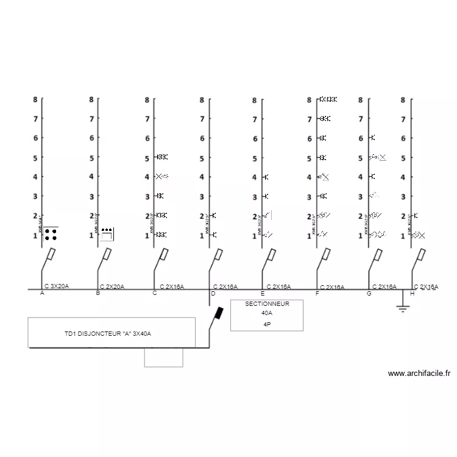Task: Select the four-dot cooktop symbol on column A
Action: coord(51,234)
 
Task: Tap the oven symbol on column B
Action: coord(107,234)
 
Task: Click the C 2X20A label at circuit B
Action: coord(112,286)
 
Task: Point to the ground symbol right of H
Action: coord(402,306)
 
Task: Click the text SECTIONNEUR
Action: coord(266,303)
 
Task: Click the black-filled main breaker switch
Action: coord(218,314)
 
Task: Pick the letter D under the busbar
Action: coord(213,294)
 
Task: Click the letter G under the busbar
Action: coord(369,294)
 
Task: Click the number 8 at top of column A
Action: coord(35,99)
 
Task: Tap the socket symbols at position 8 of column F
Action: coord(328,99)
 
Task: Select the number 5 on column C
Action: coord(147,158)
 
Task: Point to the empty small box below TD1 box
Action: coord(163,358)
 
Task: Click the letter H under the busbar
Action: coord(413,294)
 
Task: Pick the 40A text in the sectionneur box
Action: coord(266,313)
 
